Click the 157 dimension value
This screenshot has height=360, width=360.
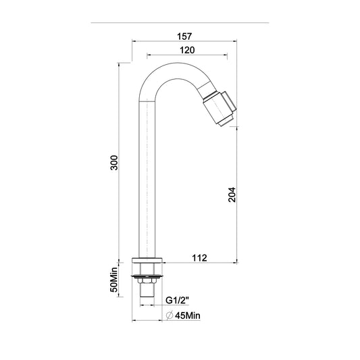click(184, 36)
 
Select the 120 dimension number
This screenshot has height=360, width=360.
click(187, 50)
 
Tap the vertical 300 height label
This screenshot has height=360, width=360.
click(114, 163)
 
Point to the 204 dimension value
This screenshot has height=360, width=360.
click(232, 195)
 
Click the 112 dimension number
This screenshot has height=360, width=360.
click(199, 258)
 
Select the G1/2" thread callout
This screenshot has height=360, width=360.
click(177, 301)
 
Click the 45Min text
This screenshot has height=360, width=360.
click(188, 315)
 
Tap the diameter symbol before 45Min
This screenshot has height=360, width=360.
click(170, 315)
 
